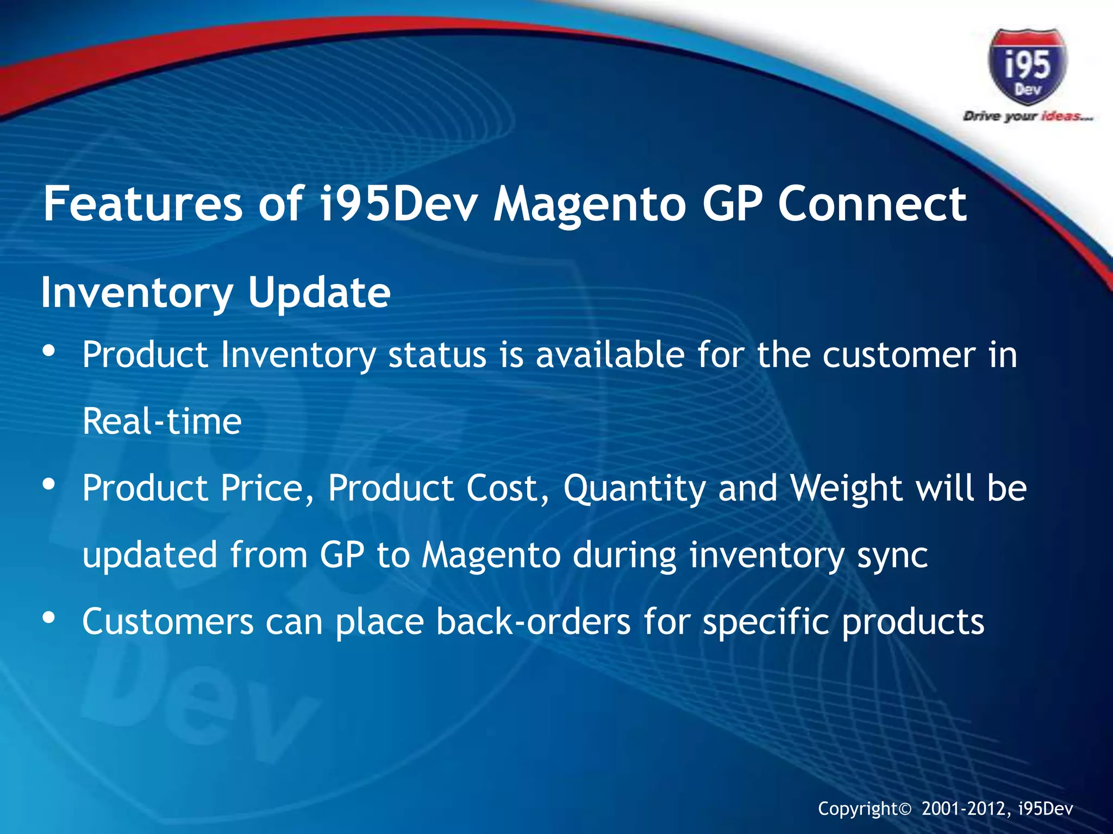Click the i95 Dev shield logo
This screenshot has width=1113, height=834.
[1027, 66]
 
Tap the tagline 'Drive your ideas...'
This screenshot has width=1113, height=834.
[1027, 116]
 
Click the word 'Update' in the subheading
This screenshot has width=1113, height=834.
[319, 292]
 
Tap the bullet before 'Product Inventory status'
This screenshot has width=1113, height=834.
[49, 351]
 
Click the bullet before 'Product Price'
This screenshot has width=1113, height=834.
[49, 484]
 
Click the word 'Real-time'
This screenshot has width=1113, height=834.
[162, 421]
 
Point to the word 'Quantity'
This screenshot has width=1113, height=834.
[634, 488]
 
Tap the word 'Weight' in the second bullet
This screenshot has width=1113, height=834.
[846, 487]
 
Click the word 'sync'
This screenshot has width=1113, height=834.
[892, 555]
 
